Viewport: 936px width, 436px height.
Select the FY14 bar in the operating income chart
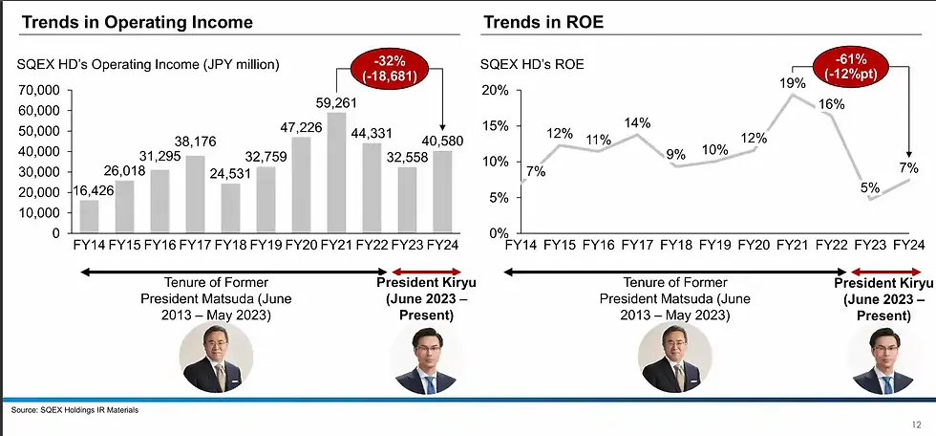(89, 216)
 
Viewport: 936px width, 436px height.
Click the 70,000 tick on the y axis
(40, 90)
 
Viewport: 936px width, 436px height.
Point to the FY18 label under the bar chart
(231, 246)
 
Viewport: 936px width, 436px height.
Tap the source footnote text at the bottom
(74, 409)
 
